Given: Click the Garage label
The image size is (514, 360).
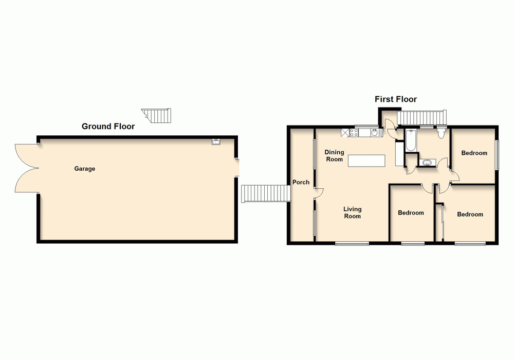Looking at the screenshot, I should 85,169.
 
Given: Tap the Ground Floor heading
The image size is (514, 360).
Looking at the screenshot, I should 108,126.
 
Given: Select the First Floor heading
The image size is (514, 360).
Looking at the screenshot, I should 395,99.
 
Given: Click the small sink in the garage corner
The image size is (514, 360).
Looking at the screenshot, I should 216,140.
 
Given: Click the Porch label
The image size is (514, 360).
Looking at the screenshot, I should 301,182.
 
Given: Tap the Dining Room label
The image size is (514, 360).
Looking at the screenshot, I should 334,155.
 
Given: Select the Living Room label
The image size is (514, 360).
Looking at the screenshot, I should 352,212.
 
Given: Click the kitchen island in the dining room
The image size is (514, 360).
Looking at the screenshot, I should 366,160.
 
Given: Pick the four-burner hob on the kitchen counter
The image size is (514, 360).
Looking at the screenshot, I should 354,133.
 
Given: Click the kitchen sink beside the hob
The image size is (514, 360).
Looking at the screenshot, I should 375,133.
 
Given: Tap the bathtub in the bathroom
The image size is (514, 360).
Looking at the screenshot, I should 410,141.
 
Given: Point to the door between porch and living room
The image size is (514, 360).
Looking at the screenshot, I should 319,193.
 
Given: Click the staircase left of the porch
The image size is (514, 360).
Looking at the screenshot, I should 265,193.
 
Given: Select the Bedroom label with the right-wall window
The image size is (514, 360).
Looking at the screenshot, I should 474,153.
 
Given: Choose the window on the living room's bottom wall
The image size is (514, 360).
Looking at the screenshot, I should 352,243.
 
